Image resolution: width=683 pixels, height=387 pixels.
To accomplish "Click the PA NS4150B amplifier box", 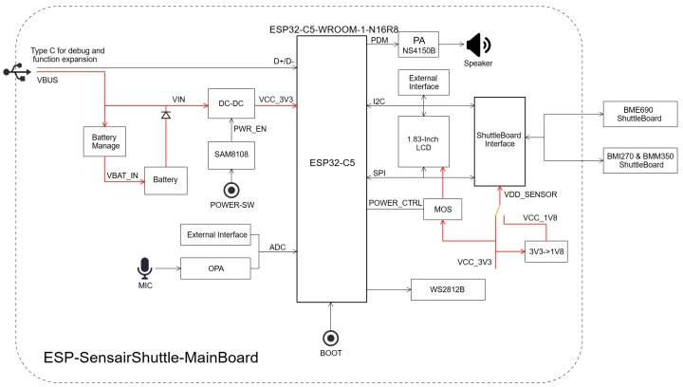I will click(x=417, y=45).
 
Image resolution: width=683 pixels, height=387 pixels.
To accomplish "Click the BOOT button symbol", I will click(x=331, y=339).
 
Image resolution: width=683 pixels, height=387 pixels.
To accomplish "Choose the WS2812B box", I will click(x=447, y=288).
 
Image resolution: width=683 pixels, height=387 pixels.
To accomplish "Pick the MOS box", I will click(x=442, y=209).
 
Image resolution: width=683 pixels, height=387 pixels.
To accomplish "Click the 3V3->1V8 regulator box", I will click(x=546, y=251).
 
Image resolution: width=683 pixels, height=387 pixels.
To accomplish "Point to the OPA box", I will click(x=215, y=267).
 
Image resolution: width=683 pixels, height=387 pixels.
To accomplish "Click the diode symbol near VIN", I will click(x=166, y=115).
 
